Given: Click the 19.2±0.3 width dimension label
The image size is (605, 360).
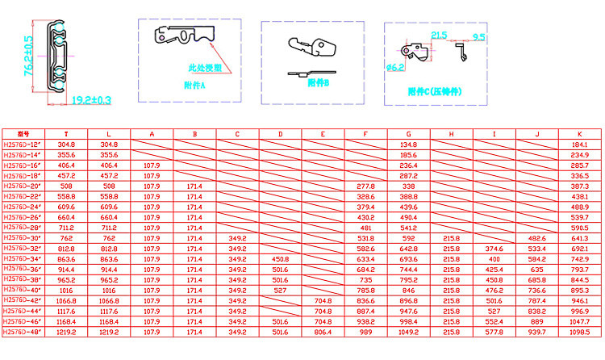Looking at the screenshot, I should coord(93,100).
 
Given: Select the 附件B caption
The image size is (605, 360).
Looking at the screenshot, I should coord(319,83).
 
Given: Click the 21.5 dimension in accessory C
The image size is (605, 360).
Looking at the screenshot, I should coord(439,35).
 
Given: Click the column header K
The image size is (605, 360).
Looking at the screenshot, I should coord(579,133).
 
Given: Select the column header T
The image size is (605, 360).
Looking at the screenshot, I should coord(66,133).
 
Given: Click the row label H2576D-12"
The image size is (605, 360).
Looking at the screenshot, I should coord(22,144).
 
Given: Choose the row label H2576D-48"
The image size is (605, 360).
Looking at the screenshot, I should coord(22,332).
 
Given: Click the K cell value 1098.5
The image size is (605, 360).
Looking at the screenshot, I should coord(579,332).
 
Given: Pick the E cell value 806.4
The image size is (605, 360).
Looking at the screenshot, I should coord(323,332).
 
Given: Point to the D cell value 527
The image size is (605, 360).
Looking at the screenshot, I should coord(280,290).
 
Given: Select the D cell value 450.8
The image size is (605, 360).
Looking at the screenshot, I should coord(280,258).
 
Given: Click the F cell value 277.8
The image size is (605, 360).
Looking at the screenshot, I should coord(365,186).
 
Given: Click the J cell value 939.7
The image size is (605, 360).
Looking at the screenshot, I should coord(536,332).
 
